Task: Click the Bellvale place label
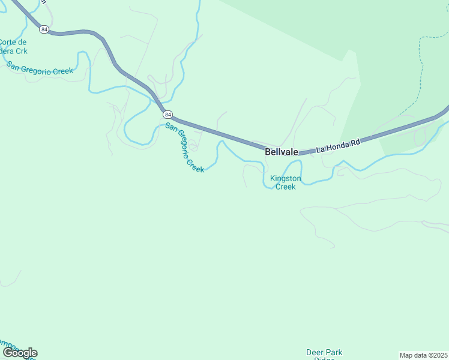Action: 282,152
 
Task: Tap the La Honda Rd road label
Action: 338,145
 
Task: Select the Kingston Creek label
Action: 285,182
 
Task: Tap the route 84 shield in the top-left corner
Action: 44,29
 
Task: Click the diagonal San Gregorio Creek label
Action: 185,148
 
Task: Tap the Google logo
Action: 19,353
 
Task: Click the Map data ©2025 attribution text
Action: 423,355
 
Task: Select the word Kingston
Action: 285,178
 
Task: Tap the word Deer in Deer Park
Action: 315,353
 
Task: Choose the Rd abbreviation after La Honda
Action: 355,142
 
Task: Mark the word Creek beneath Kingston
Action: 285,187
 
